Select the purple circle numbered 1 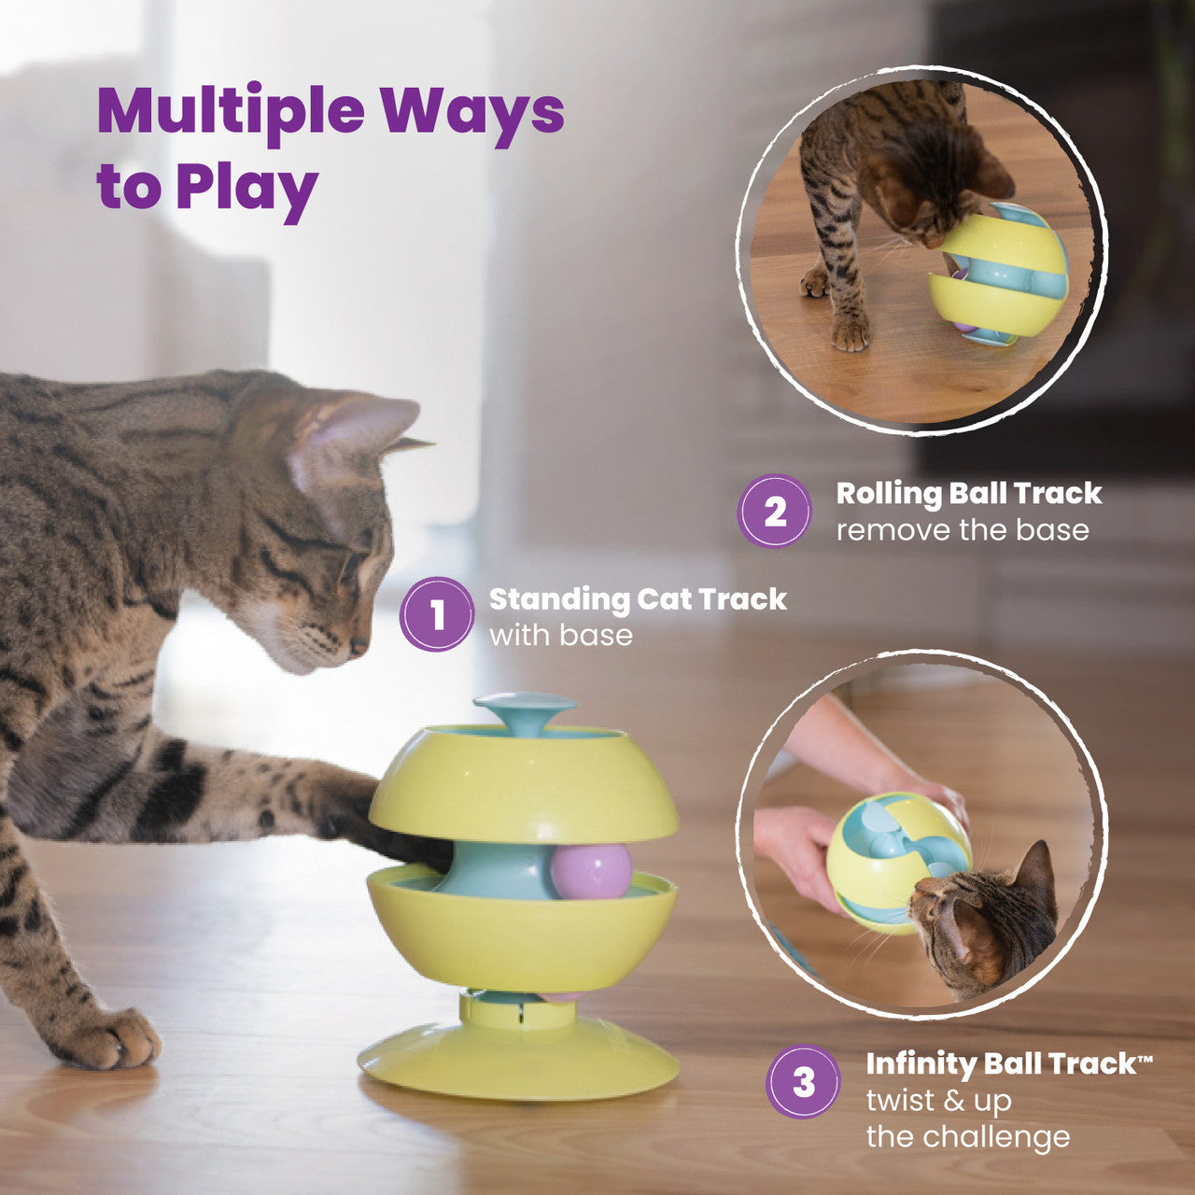tap(437, 614)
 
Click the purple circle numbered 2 tap(775, 511)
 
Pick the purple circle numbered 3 tap(803, 1081)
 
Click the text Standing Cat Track tap(638, 598)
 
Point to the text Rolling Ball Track tap(968, 493)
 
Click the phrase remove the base tap(963, 530)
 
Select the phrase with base tap(560, 636)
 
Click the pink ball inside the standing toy tap(590, 871)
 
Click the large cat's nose tap(358, 645)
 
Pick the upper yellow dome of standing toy tap(523, 784)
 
